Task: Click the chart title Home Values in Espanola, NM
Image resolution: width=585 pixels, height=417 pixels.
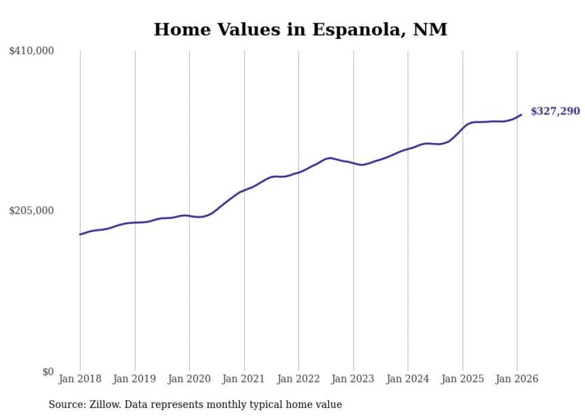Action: (300, 29)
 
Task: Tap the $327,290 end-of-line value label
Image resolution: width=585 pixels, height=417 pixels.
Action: (555, 111)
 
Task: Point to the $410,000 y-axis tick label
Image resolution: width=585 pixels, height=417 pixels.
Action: (32, 51)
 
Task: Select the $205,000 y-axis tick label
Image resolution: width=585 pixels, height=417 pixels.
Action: (32, 211)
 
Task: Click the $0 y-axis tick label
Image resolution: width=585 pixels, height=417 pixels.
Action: (48, 372)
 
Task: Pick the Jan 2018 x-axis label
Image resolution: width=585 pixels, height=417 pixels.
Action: (80, 379)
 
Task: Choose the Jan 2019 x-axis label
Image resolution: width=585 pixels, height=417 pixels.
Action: (135, 379)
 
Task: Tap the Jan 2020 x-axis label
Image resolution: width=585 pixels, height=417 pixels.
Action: (189, 379)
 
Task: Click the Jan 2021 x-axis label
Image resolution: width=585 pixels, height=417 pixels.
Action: (244, 379)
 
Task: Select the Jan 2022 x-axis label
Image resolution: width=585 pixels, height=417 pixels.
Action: (298, 379)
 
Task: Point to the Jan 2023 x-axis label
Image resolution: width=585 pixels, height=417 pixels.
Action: (353, 379)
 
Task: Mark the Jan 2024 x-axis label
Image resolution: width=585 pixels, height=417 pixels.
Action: (408, 379)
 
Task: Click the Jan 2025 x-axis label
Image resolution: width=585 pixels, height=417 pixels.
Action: (463, 379)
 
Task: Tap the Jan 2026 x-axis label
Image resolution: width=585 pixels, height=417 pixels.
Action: (517, 379)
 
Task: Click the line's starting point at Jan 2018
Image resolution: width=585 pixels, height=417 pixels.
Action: (80, 234)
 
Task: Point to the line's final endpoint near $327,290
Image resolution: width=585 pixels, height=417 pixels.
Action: (521, 115)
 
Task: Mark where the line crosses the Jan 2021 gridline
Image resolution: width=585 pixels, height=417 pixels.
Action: (244, 190)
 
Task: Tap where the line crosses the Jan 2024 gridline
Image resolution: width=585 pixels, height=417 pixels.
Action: (408, 149)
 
